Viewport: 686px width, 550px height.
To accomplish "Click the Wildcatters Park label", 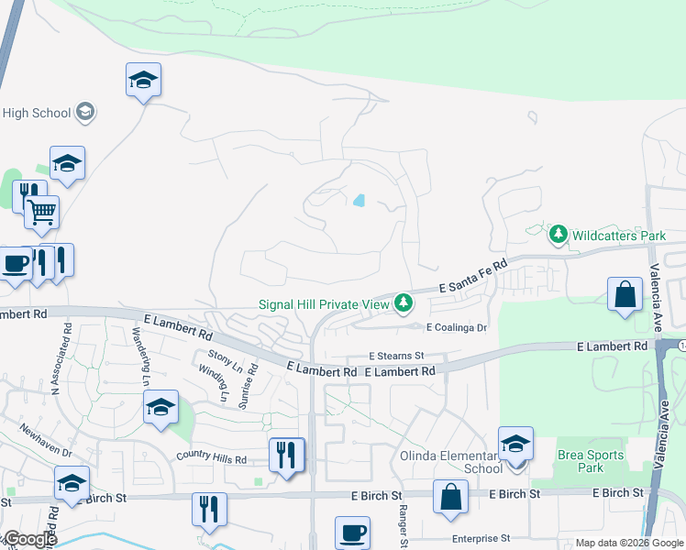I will pos(619,236).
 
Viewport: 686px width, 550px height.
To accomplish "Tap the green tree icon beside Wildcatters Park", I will pos(558,235).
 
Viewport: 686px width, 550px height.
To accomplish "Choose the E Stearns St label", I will pos(397,356).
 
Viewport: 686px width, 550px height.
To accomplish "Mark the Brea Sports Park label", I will pos(591,461).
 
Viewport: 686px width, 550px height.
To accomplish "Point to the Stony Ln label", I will pos(224,361).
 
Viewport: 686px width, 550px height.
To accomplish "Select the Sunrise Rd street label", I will pos(252,379).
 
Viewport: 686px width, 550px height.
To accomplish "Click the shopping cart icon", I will pos(42,213).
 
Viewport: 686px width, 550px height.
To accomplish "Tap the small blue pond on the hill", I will pos(359,200).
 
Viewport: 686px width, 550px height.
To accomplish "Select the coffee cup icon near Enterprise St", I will pos(353,532).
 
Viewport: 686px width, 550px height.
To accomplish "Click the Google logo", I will pos(29,539).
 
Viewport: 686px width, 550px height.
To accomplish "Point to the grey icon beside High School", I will pos(85,112).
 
